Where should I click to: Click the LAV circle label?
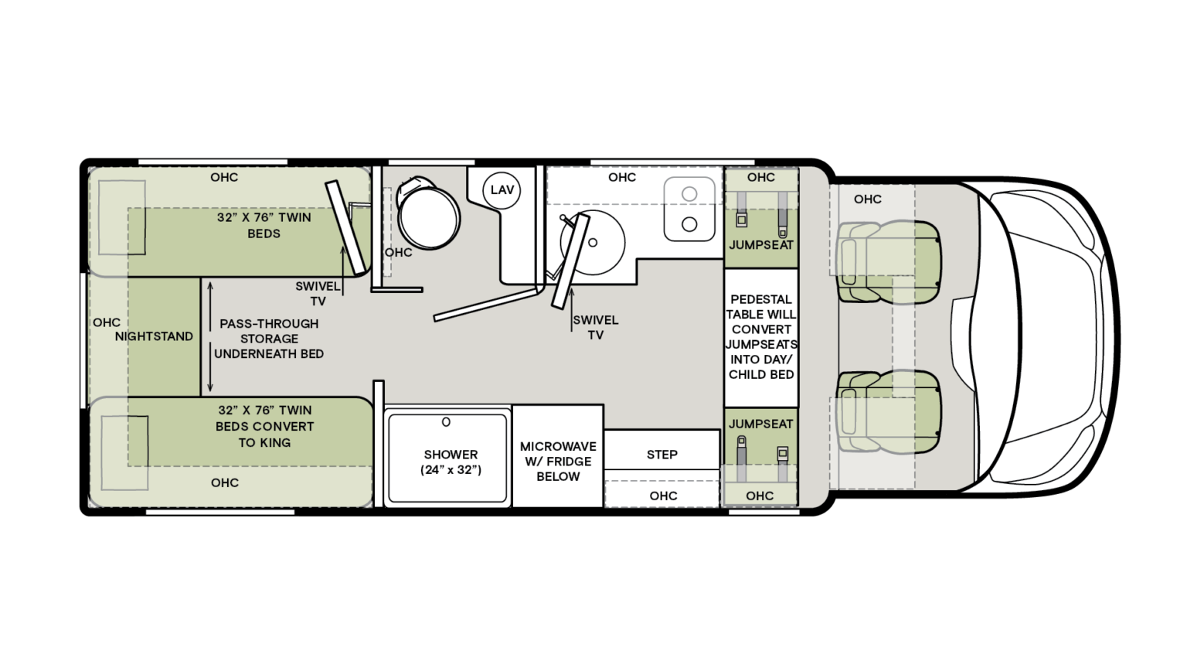point(502,190)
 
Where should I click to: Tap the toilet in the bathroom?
point(427,214)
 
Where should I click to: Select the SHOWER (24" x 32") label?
point(451,462)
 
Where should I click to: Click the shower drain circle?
point(446,422)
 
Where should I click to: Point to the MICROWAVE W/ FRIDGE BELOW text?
point(557,462)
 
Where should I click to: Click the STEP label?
point(662,455)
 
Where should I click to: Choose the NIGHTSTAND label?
point(154,336)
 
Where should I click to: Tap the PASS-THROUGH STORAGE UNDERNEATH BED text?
point(268,339)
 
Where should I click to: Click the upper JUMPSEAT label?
point(761,245)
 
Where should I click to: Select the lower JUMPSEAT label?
point(760,424)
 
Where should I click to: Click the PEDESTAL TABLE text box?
point(761,336)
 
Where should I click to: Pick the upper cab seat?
point(889,261)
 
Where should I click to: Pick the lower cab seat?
point(889,411)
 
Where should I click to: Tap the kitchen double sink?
point(689,209)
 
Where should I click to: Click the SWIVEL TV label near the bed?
point(318,294)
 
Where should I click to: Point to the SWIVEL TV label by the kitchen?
point(595,327)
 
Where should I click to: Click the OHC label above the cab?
point(867,199)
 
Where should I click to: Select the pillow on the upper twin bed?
point(122,217)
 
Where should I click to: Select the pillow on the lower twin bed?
point(124,452)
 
